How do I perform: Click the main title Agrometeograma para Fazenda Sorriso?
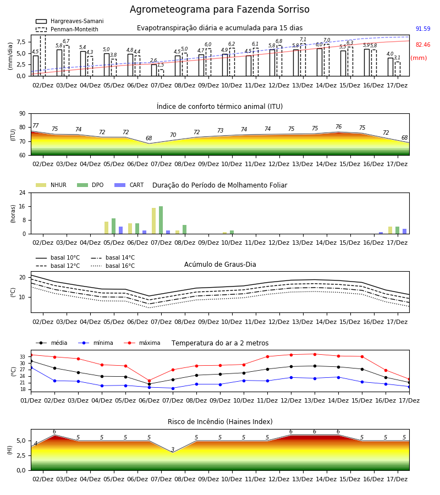pyautogui.click(x=219, y=9)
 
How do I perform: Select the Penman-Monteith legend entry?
pyautogui.click(x=67, y=29)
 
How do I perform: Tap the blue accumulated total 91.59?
pyautogui.click(x=423, y=29)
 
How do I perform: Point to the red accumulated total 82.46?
pyautogui.click(x=423, y=45)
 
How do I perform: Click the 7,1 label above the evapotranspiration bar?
pyautogui.click(x=303, y=40)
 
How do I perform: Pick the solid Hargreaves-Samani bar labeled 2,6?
pyautogui.click(x=154, y=70)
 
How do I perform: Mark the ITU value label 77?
pyautogui.click(x=35, y=125)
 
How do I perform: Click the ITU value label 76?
pyautogui.click(x=338, y=127)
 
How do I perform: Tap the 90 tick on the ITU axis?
pyautogui.click(x=23, y=114)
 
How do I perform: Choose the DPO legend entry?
pyautogui.click(x=90, y=185)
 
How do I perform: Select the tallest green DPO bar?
pyautogui.click(x=161, y=220)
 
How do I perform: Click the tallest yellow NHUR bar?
pyautogui.click(x=153, y=221)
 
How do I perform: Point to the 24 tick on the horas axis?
pyautogui.click(x=23, y=193)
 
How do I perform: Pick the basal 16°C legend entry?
pyautogui.click(x=113, y=266)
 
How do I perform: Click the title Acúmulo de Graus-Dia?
pyautogui.click(x=220, y=265)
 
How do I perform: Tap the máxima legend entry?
pyautogui.click(x=142, y=343)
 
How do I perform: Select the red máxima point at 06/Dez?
pyautogui.click(x=149, y=381)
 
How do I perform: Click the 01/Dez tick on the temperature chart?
pyautogui.click(x=31, y=400)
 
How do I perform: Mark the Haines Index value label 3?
pyautogui.click(x=173, y=449)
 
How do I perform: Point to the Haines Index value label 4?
pyautogui.click(x=36, y=443)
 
